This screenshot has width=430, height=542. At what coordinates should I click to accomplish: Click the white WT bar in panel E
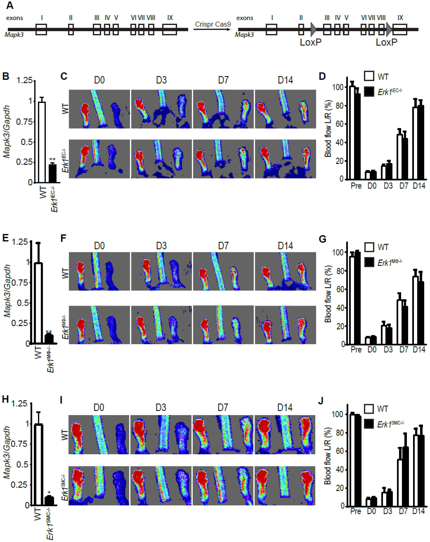point(38,303)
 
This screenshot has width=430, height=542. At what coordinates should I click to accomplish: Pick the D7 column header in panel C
point(223,80)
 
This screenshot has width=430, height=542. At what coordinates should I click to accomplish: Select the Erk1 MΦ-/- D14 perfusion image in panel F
point(285,325)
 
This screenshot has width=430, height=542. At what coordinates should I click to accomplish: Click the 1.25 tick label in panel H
point(19,404)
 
